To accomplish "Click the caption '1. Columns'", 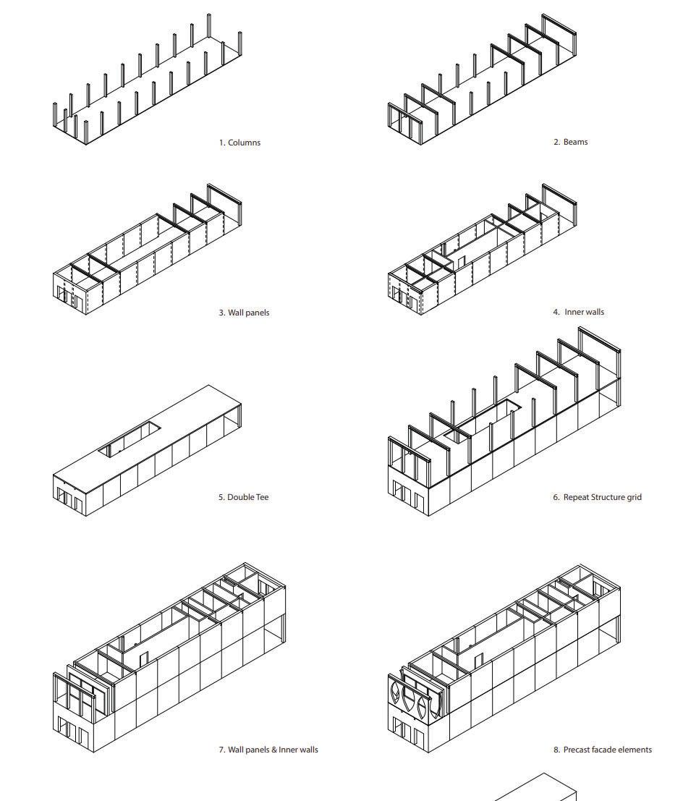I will click(239, 143).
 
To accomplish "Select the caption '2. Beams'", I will click(570, 142).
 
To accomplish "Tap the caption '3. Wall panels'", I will click(244, 313).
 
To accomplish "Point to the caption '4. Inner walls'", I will click(578, 312).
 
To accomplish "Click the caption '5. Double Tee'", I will click(243, 497).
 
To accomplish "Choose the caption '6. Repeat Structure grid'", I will click(597, 497).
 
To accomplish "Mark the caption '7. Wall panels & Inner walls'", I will click(268, 750).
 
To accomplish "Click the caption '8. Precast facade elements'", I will click(602, 750).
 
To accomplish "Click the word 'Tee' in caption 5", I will click(261, 497).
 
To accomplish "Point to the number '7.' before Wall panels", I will click(222, 750).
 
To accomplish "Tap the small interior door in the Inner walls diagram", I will click(461, 262).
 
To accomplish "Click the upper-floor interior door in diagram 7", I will click(144, 658).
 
